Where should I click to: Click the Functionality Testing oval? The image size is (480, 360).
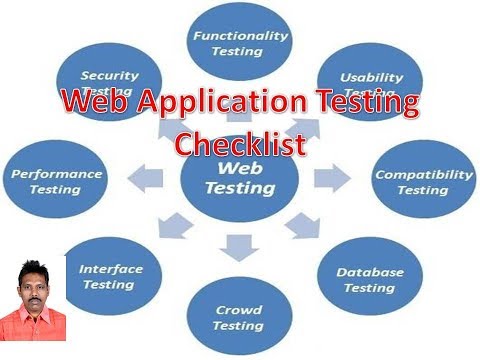[240, 41]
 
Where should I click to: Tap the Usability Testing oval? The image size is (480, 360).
[371, 80]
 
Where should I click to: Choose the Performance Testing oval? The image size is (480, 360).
[55, 181]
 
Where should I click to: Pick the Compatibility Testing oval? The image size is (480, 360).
[424, 181]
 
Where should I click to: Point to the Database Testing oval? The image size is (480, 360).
[369, 279]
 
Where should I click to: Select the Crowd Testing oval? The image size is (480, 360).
[239, 317]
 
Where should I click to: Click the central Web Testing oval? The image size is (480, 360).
[240, 180]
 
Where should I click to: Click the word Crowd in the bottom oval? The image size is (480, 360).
[239, 310]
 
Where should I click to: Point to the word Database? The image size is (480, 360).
[369, 272]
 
